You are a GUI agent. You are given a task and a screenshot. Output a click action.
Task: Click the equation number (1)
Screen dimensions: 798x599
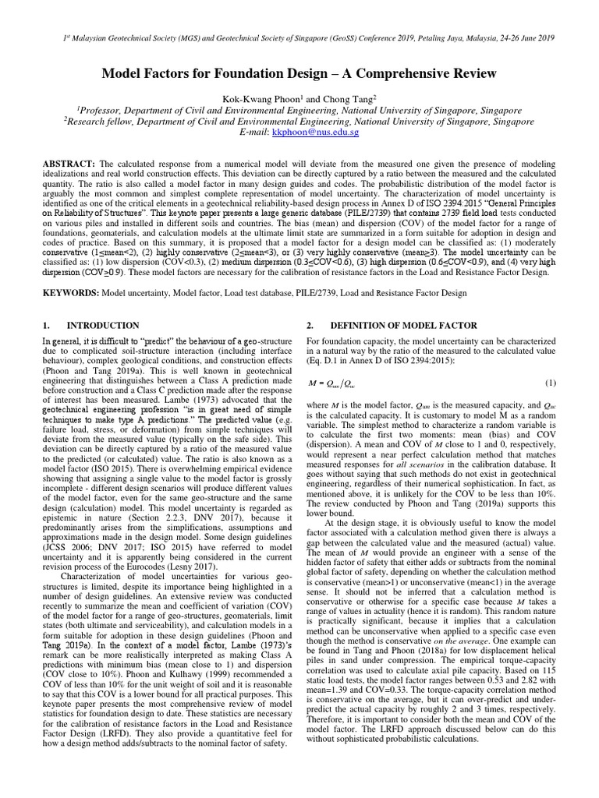click(x=550, y=383)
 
